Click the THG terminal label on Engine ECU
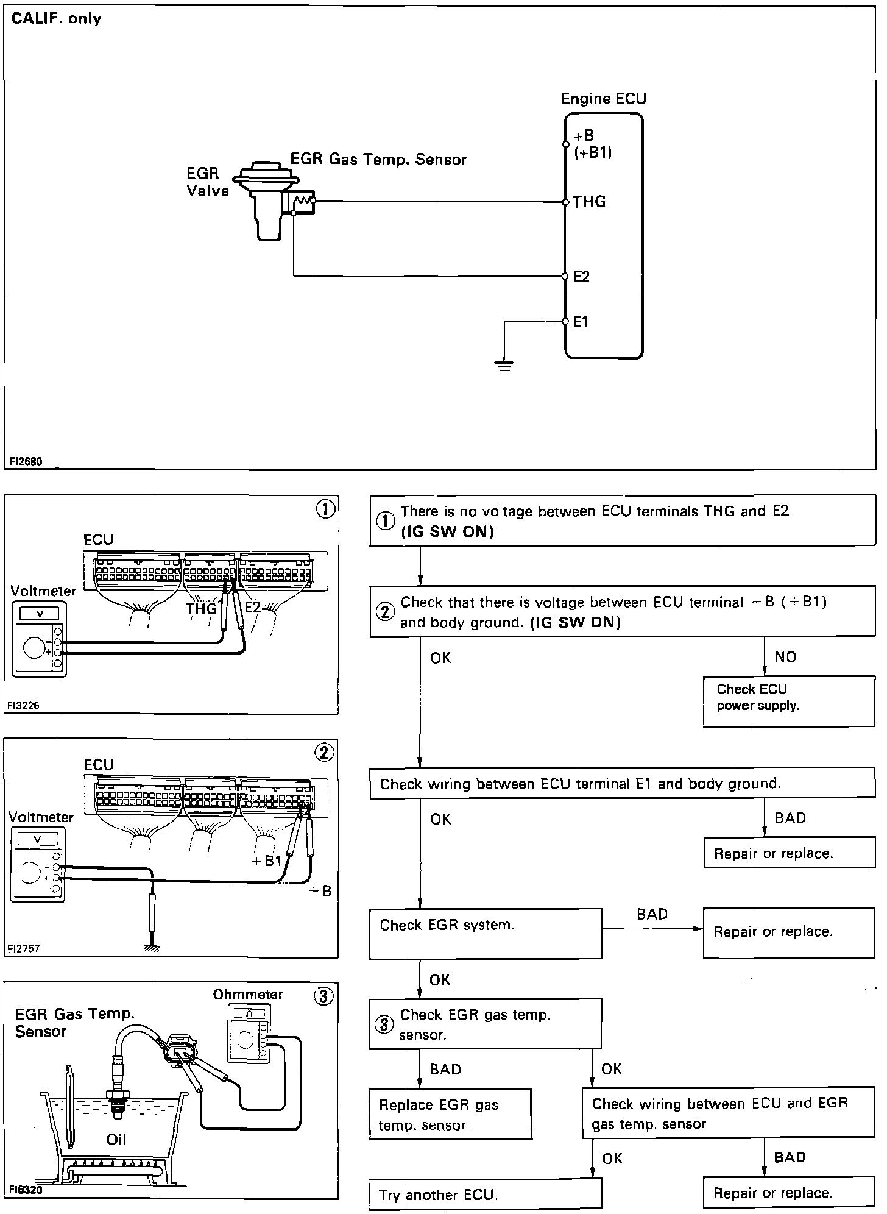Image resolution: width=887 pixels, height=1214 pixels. [x=589, y=202]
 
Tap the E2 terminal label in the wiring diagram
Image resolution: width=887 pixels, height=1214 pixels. [x=581, y=277]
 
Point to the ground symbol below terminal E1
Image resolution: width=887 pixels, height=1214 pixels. [x=504, y=366]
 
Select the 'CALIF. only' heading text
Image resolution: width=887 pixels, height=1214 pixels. [x=56, y=19]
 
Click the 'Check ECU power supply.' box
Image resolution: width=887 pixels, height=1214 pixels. [x=788, y=701]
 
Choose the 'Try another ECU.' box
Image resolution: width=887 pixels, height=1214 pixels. [x=485, y=1194]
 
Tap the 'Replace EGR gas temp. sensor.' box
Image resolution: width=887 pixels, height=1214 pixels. [x=450, y=1114]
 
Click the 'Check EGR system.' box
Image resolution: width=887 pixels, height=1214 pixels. [x=485, y=933]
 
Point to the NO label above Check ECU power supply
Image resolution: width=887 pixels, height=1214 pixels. [x=786, y=657]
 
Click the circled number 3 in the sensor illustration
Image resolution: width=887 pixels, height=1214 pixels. [x=323, y=996]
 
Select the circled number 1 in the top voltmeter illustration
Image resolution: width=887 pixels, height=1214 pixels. [x=325, y=509]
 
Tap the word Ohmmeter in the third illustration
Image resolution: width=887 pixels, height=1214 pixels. [x=248, y=995]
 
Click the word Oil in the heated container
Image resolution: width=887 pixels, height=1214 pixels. [x=116, y=1139]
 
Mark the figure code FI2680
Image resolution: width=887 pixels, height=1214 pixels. [x=26, y=461]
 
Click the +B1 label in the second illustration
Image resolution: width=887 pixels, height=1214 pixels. [x=267, y=861]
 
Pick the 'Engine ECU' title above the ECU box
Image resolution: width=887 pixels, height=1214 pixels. [x=603, y=99]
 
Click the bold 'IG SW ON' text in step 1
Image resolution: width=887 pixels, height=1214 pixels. [x=447, y=531]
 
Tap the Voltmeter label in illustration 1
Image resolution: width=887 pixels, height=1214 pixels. [x=43, y=591]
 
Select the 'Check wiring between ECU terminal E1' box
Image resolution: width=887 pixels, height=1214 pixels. [x=621, y=783]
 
